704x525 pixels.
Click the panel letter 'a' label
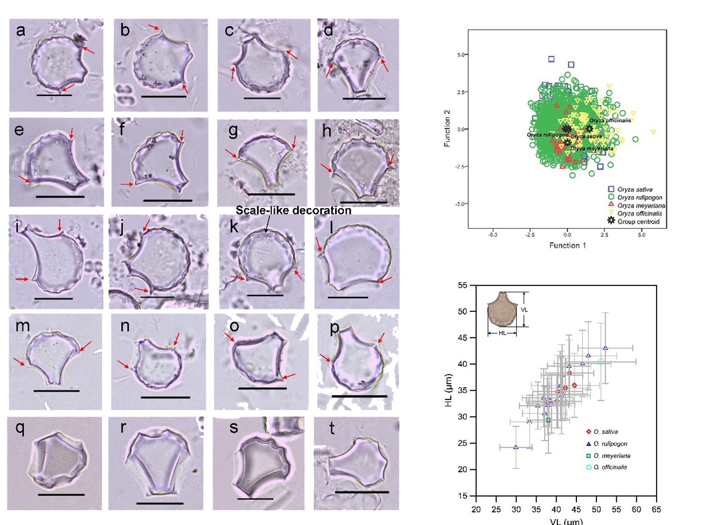[21, 31]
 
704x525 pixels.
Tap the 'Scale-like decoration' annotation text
[293, 211]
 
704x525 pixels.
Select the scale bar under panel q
[61, 494]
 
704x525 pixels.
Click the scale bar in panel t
[361, 492]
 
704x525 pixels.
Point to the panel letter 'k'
[234, 226]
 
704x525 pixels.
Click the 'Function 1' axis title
[567, 246]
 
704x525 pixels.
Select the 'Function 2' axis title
[447, 129]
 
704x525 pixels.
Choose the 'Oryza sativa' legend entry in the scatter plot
[631, 190]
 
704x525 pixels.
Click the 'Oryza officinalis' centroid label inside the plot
[610, 120]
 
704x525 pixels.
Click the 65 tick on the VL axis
[656, 509]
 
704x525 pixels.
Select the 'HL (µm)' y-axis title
[449, 390]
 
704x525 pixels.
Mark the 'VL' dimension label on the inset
[524, 310]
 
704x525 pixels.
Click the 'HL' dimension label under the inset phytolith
[502, 333]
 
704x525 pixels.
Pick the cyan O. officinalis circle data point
[601, 362]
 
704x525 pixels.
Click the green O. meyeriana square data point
[548, 421]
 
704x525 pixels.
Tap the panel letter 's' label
[234, 428]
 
